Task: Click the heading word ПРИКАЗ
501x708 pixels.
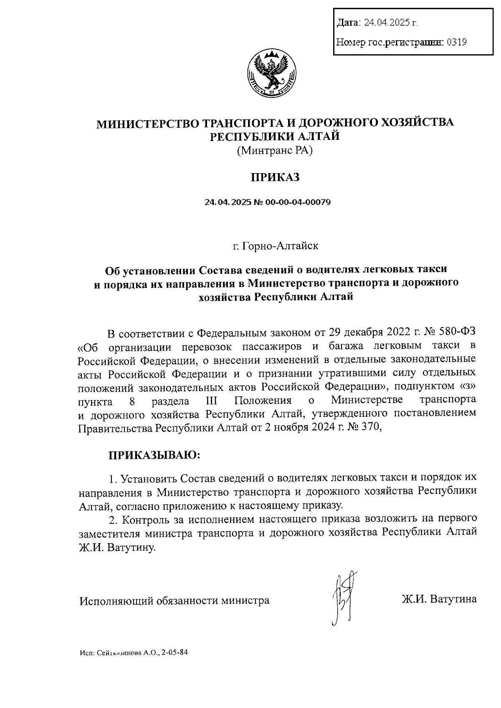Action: [275, 177]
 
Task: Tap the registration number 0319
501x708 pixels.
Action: [457, 42]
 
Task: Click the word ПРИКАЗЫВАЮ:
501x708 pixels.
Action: [154, 454]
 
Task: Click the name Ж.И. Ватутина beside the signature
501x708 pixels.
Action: [439, 600]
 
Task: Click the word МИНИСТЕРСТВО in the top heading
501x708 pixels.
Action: [147, 123]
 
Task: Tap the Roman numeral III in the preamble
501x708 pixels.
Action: [212, 401]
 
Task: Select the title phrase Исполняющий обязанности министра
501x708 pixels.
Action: [175, 600]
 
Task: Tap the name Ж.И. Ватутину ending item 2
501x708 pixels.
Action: [116, 547]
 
